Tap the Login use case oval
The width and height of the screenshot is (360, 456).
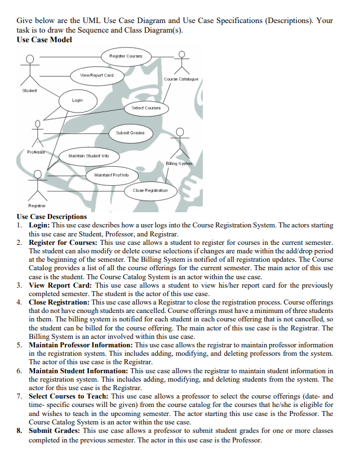pos(78,100)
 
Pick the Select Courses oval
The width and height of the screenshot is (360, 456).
pos(146,108)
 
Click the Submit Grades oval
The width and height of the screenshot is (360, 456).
pos(130,133)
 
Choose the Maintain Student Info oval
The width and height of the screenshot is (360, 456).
pos(88,155)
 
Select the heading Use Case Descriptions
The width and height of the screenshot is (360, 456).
pos(52,217)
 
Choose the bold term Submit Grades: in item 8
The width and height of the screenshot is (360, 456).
pos(55,431)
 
